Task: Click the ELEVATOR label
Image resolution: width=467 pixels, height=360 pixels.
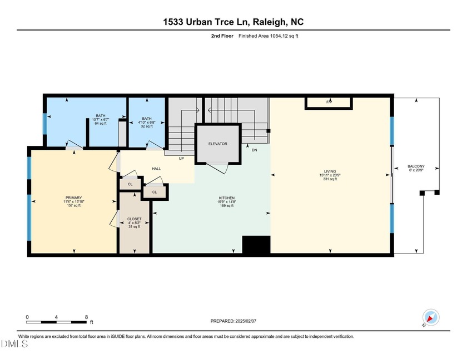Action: tap(218, 144)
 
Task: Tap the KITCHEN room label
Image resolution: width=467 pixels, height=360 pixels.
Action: tap(227, 198)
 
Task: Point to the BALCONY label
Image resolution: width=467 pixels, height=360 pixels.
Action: tap(416, 166)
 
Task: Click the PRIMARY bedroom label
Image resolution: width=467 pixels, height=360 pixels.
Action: tap(73, 198)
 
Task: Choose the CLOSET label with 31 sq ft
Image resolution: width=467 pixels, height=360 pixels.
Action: tap(135, 219)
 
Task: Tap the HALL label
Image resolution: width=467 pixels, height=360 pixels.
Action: tap(157, 168)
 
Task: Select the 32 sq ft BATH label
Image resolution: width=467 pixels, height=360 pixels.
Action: tap(147, 118)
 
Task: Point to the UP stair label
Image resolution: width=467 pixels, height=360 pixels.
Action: tap(181, 158)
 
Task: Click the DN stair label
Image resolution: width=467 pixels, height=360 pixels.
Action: tap(255, 150)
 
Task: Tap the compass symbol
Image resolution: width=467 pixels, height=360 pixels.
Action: tap(431, 317)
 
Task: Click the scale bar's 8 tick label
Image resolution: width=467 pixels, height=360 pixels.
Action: tap(86, 317)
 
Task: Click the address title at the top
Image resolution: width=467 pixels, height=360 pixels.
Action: tap(233, 22)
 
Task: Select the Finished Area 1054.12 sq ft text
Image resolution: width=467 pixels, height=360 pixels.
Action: tap(265, 36)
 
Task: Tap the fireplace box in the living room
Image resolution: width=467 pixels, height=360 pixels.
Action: tap(329, 103)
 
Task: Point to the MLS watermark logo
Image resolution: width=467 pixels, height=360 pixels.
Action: tap(15, 344)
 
